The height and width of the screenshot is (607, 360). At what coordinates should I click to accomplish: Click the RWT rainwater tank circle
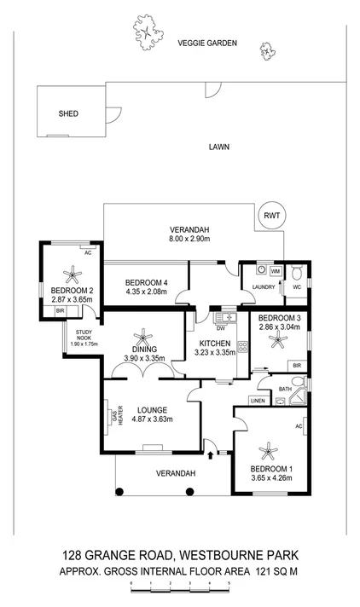click(x=271, y=217)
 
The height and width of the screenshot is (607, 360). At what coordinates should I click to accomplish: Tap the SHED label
click(x=67, y=113)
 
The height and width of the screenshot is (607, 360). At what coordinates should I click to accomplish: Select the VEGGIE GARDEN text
click(x=206, y=43)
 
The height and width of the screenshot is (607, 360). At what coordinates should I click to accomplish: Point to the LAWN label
click(x=218, y=147)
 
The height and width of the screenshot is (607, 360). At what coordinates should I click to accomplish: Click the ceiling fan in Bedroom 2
click(x=72, y=275)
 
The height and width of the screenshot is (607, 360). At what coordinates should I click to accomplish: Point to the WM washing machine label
click(x=276, y=270)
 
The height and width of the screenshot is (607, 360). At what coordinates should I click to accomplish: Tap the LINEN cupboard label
click(x=258, y=401)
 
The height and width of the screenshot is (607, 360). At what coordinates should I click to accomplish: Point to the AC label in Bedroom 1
click(x=299, y=425)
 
